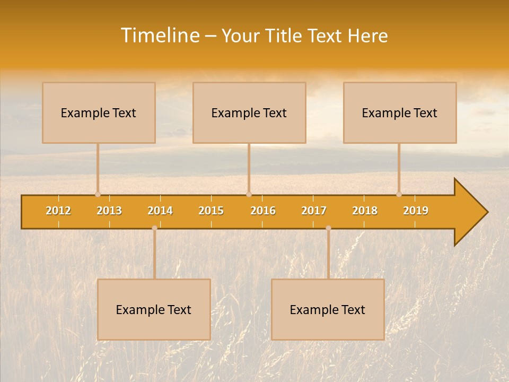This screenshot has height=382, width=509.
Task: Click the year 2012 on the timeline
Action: [58, 211]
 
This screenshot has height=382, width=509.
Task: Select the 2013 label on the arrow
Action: [109, 211]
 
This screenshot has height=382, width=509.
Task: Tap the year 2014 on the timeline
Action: [160, 211]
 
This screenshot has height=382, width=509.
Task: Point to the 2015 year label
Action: [211, 211]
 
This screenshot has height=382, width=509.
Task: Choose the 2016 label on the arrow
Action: [263, 211]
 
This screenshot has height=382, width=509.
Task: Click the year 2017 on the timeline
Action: [314, 211]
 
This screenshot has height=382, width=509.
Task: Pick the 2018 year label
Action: [365, 211]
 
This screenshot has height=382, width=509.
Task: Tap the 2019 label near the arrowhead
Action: [416, 211]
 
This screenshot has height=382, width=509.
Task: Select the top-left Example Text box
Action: [99, 112]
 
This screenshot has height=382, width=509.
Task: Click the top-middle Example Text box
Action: [249, 112]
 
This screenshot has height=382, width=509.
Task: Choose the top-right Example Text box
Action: [400, 112]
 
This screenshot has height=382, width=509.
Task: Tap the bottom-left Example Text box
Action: [154, 309]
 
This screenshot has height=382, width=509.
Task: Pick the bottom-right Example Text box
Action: [328, 309]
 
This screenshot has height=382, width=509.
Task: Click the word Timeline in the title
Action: [160, 36]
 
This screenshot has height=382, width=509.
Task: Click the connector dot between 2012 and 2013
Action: [98, 194]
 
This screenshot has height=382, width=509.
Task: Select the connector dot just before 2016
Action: [249, 194]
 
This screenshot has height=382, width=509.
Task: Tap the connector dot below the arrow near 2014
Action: [154, 228]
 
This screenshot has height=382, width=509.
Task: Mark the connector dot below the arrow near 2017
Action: [328, 228]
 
